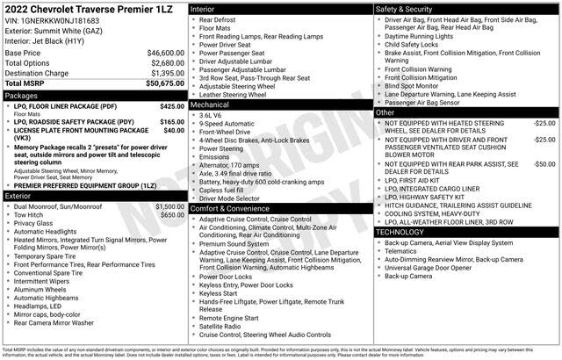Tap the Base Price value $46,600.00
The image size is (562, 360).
pyautogui.click(x=162, y=53)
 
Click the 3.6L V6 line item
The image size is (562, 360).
pyautogui.click(x=211, y=115)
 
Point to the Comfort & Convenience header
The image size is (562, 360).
pyautogui.click(x=229, y=208)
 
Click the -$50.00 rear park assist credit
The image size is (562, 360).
pyautogui.click(x=544, y=163)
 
